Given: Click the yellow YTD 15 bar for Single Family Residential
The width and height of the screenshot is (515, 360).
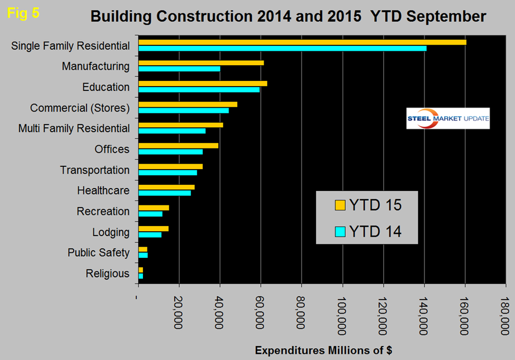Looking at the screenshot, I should pyautogui.click(x=302, y=42).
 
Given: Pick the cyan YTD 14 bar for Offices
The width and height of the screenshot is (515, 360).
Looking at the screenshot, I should pyautogui.click(x=170, y=152).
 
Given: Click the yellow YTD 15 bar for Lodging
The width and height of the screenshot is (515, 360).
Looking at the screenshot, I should pyautogui.click(x=154, y=228).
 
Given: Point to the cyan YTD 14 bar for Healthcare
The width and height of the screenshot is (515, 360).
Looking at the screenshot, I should pyautogui.click(x=165, y=193).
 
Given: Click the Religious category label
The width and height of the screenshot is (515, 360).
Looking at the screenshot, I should pyautogui.click(x=107, y=273).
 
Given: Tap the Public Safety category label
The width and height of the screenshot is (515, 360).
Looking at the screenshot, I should pyautogui.click(x=98, y=253).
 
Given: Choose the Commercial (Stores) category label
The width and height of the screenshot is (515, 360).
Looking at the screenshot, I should pyautogui.click(x=80, y=108).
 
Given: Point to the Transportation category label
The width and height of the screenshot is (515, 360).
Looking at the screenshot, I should pyautogui.click(x=94, y=170).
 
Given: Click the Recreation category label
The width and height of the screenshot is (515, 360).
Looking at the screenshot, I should pyautogui.click(x=103, y=212).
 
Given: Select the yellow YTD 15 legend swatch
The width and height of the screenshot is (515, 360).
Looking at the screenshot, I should pyautogui.click(x=340, y=205).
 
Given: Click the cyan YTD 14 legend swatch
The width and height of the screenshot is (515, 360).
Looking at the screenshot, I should pyautogui.click(x=340, y=231).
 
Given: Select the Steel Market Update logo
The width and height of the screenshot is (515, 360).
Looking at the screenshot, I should pyautogui.click(x=448, y=118).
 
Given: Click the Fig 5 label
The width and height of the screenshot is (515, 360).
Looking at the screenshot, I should pyautogui.click(x=23, y=13).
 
